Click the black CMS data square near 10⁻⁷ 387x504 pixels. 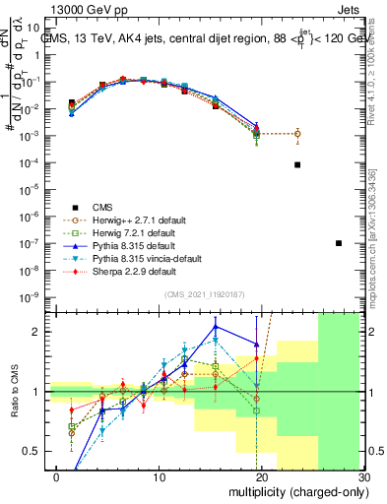339,243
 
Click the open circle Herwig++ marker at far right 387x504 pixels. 297,134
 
